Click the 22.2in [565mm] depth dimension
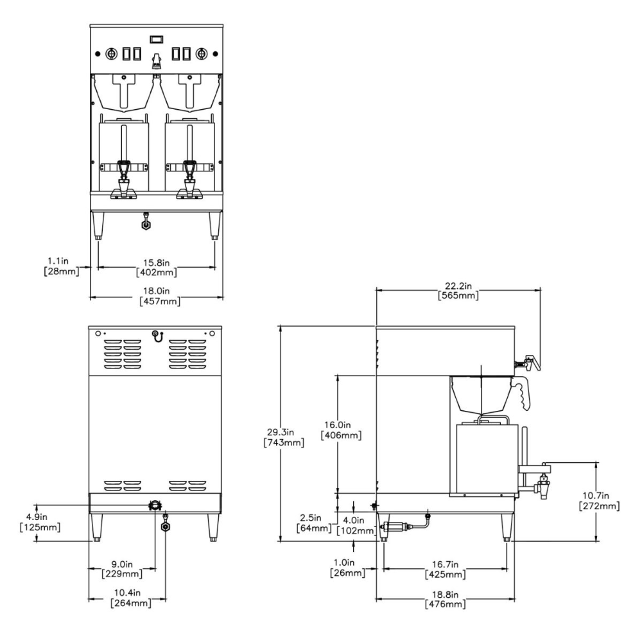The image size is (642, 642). pos(458,291)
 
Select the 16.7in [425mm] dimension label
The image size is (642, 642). pos(446,569)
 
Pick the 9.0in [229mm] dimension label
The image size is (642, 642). pos(123,569)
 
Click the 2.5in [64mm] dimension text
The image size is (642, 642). pos(314,523)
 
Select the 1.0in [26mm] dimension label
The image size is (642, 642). pos(347,568)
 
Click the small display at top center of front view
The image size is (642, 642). pos(156,40)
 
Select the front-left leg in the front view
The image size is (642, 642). pos(98,226)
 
